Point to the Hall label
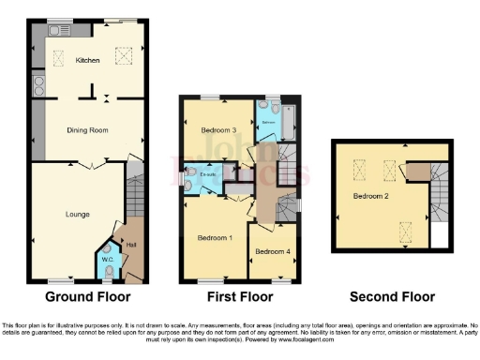point(129,247)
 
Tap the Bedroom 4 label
point(273,251)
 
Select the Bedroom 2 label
point(371,197)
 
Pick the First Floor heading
point(240,297)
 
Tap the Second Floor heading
point(392,297)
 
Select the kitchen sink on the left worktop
point(37,90)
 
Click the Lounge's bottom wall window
point(61,281)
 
